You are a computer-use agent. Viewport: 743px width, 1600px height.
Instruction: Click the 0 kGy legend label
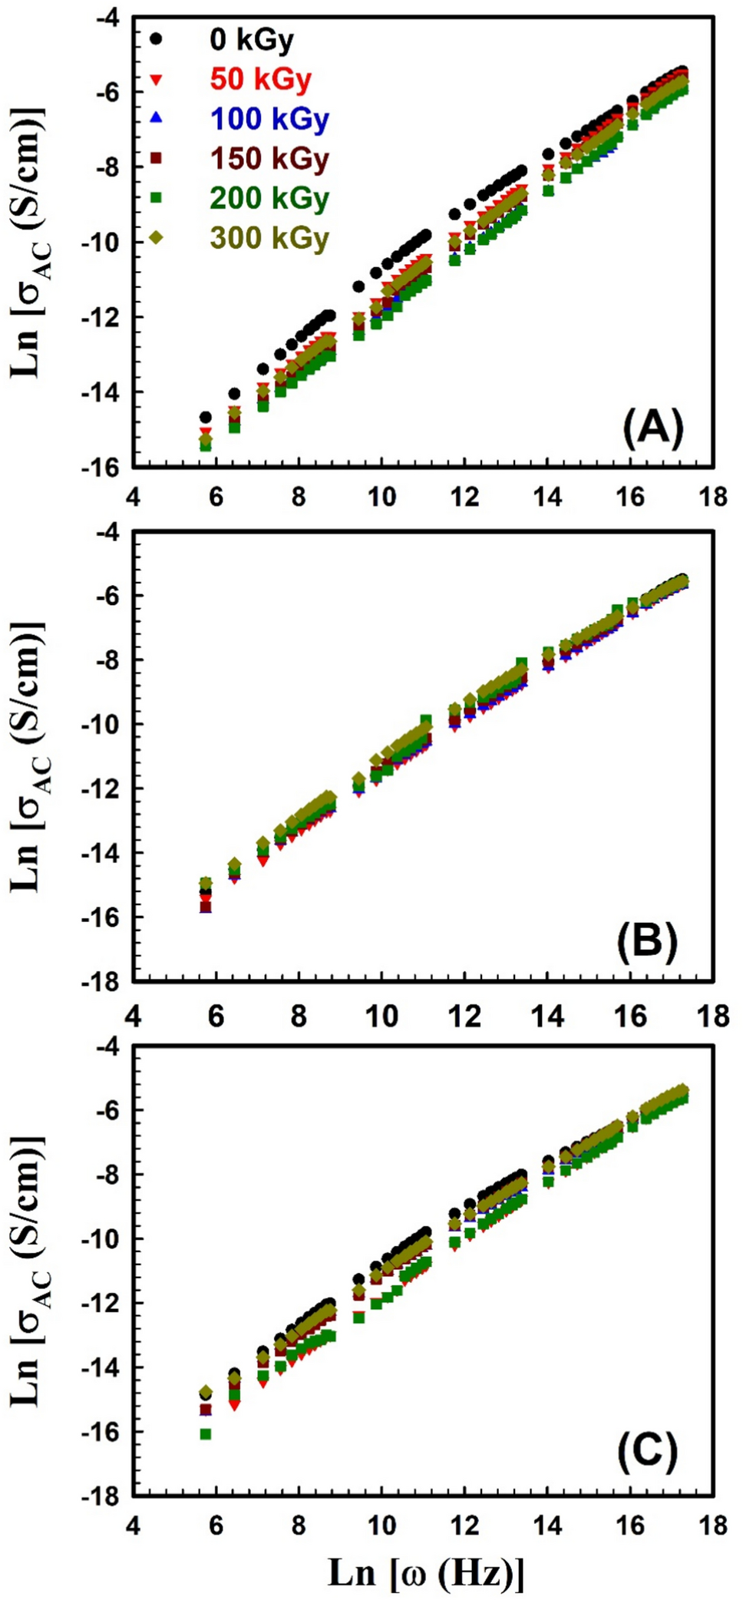(x=251, y=40)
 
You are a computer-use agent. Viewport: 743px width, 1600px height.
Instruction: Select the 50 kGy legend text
(x=261, y=79)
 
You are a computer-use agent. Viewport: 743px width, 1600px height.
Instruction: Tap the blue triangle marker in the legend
(x=156, y=118)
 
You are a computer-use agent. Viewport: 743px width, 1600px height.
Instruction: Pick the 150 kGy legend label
(x=269, y=159)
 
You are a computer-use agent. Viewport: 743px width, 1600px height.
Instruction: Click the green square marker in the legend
(x=156, y=198)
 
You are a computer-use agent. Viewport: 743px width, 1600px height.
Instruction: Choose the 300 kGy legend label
(x=269, y=238)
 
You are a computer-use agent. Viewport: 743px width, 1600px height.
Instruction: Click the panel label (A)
(x=652, y=428)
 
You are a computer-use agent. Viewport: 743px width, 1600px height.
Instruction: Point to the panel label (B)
(x=647, y=941)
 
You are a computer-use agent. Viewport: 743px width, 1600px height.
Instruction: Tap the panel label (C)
(x=647, y=1451)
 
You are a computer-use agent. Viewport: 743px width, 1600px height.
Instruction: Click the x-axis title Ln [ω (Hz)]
(x=426, y=1573)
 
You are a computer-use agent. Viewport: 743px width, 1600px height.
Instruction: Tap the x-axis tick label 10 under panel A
(x=381, y=497)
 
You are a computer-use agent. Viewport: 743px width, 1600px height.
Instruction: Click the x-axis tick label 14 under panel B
(x=547, y=1017)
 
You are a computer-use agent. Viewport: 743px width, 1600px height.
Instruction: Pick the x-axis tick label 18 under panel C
(x=713, y=1525)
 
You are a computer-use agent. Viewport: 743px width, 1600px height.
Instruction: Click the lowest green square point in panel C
(x=206, y=1433)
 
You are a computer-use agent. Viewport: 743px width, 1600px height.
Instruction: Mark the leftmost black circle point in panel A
(x=206, y=417)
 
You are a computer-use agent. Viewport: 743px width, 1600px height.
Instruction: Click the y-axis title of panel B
(x=28, y=756)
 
